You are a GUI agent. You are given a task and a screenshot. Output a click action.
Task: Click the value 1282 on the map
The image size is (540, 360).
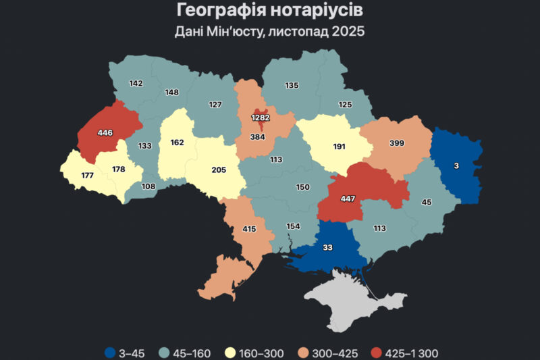(x=261, y=118)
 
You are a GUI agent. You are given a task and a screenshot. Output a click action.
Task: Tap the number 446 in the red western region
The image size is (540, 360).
(x=105, y=132)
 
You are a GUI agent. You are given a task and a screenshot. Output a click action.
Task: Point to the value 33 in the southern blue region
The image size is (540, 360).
(x=327, y=248)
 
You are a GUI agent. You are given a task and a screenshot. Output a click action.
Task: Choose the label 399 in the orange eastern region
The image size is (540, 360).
(x=398, y=144)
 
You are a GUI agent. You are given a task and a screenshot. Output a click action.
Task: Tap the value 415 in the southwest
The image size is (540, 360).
(x=249, y=230)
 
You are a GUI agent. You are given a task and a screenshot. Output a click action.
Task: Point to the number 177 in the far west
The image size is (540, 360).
(x=87, y=176)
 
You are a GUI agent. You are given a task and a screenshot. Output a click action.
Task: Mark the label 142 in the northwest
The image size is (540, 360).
(x=136, y=84)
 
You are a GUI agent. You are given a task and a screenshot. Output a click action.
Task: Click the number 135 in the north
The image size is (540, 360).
(x=292, y=86)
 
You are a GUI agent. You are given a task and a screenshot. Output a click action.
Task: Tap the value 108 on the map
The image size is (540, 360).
(x=148, y=186)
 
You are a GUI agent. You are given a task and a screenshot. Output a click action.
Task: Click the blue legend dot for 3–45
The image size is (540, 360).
(x=110, y=352)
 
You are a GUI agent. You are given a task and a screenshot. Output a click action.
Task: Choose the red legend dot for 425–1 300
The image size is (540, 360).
(x=376, y=352)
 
